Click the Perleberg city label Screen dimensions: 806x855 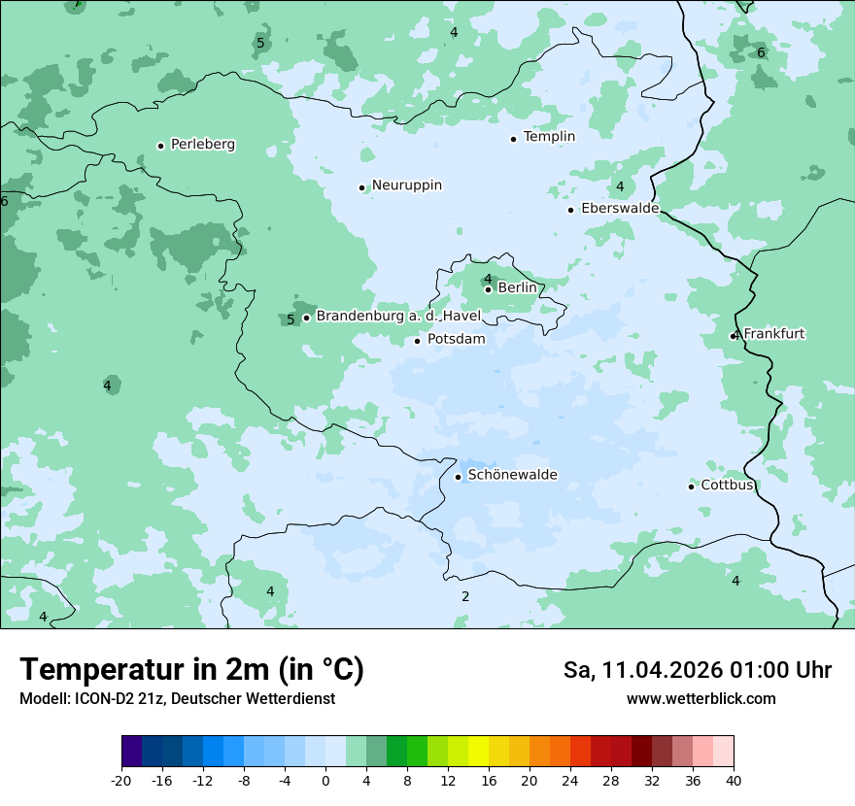tap(203, 145)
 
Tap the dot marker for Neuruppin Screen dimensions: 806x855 tap(361, 187)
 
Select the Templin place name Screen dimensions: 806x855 tap(549, 137)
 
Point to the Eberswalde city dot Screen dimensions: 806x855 tap(570, 210)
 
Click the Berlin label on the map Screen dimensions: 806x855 tap(517, 287)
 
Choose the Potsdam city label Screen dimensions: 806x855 tap(456, 339)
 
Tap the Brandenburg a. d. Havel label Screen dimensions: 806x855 tap(398, 316)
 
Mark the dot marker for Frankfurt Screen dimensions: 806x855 tap(734, 336)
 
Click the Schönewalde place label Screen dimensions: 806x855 tap(512, 475)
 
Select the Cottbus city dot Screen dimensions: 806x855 tap(691, 487)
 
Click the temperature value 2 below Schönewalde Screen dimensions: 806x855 tap(465, 596)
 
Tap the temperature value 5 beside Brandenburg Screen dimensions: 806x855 tap(291, 319)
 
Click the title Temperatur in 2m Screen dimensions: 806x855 tap(191, 670)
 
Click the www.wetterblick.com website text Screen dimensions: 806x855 tap(701, 698)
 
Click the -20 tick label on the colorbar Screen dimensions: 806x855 tap(121, 780)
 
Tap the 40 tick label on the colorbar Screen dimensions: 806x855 tap(733, 780)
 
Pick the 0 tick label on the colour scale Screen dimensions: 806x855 tap(325, 780)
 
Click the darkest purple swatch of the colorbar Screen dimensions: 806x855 tap(131, 752)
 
